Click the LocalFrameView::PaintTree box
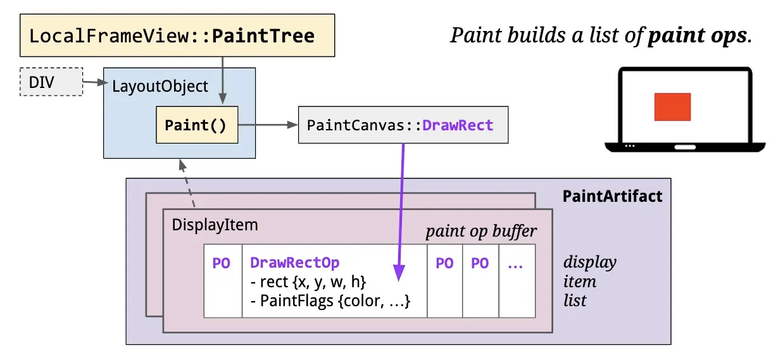coord(177,35)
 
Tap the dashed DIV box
coord(51,82)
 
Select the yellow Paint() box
coord(197,125)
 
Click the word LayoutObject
coord(160,86)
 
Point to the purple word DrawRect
coord(458,125)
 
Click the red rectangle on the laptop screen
coord(672,107)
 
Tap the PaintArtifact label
coord(612,196)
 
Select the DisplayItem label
coord(215,225)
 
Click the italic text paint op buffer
coord(481,231)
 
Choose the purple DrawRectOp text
coord(294,263)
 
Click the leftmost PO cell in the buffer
coord(223,281)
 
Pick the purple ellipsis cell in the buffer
coord(517,281)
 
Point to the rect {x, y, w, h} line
coord(308,282)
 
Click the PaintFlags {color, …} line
coord(330,301)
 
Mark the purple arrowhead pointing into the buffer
coord(399,273)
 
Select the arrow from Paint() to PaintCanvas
coord(268,125)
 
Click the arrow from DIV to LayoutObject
coord(96,82)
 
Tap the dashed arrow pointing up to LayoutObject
coord(187,183)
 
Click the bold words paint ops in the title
coord(698,35)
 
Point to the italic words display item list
coord(590,281)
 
